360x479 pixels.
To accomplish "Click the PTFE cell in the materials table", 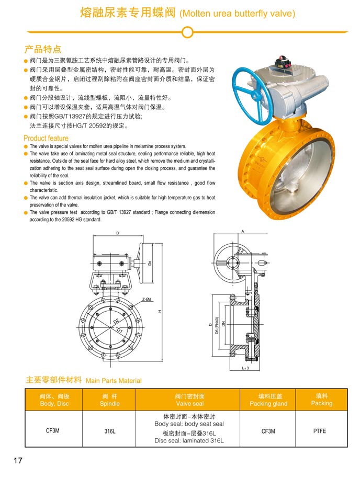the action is (320, 431).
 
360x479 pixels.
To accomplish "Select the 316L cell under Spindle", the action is (110, 431).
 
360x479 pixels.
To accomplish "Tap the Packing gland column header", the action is (268, 400).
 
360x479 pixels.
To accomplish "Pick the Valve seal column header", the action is (190, 400).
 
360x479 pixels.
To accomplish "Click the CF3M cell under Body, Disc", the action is (52, 430).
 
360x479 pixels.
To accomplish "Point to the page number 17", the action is (18, 460).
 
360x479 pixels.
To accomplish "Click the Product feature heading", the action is (46, 138).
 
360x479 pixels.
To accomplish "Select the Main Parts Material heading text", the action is (114, 381).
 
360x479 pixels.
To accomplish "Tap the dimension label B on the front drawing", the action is (118, 233).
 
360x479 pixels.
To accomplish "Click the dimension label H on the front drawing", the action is (160, 311).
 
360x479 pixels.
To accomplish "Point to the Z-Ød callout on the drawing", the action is (147, 299).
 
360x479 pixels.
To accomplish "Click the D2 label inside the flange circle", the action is (117, 321).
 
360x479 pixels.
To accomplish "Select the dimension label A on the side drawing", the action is (243, 231).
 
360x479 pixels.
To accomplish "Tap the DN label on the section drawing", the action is (223, 324).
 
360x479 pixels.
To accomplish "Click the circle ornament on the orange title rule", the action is (187, 32).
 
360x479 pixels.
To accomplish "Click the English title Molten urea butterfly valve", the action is (238, 14).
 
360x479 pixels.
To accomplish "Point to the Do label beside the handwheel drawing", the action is (150, 263).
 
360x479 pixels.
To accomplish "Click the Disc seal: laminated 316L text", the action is (189, 440).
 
